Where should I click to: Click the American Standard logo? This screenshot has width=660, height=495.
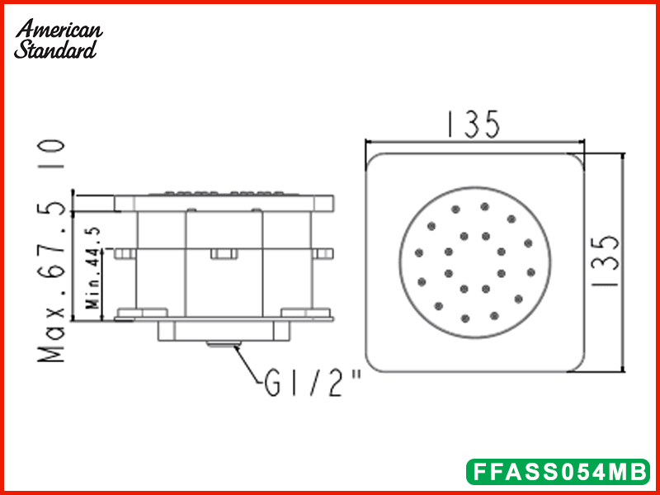[x=59, y=40]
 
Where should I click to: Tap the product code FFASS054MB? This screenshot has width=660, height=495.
[x=558, y=472]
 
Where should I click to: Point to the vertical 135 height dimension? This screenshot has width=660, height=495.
[x=606, y=260]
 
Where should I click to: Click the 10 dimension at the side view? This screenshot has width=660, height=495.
[x=52, y=154]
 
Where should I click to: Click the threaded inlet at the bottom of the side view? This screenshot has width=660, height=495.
[x=224, y=344]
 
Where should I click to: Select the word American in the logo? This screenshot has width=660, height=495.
[x=59, y=30]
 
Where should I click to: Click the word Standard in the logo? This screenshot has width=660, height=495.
[x=56, y=49]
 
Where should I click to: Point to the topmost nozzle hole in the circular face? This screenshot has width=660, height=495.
[x=484, y=206]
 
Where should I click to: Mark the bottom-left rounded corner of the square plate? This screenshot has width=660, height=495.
[x=375, y=363]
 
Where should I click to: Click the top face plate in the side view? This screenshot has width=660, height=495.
[x=223, y=201]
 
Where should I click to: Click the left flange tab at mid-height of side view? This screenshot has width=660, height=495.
[x=125, y=252]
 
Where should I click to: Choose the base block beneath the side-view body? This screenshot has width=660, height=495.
[x=223, y=330]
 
